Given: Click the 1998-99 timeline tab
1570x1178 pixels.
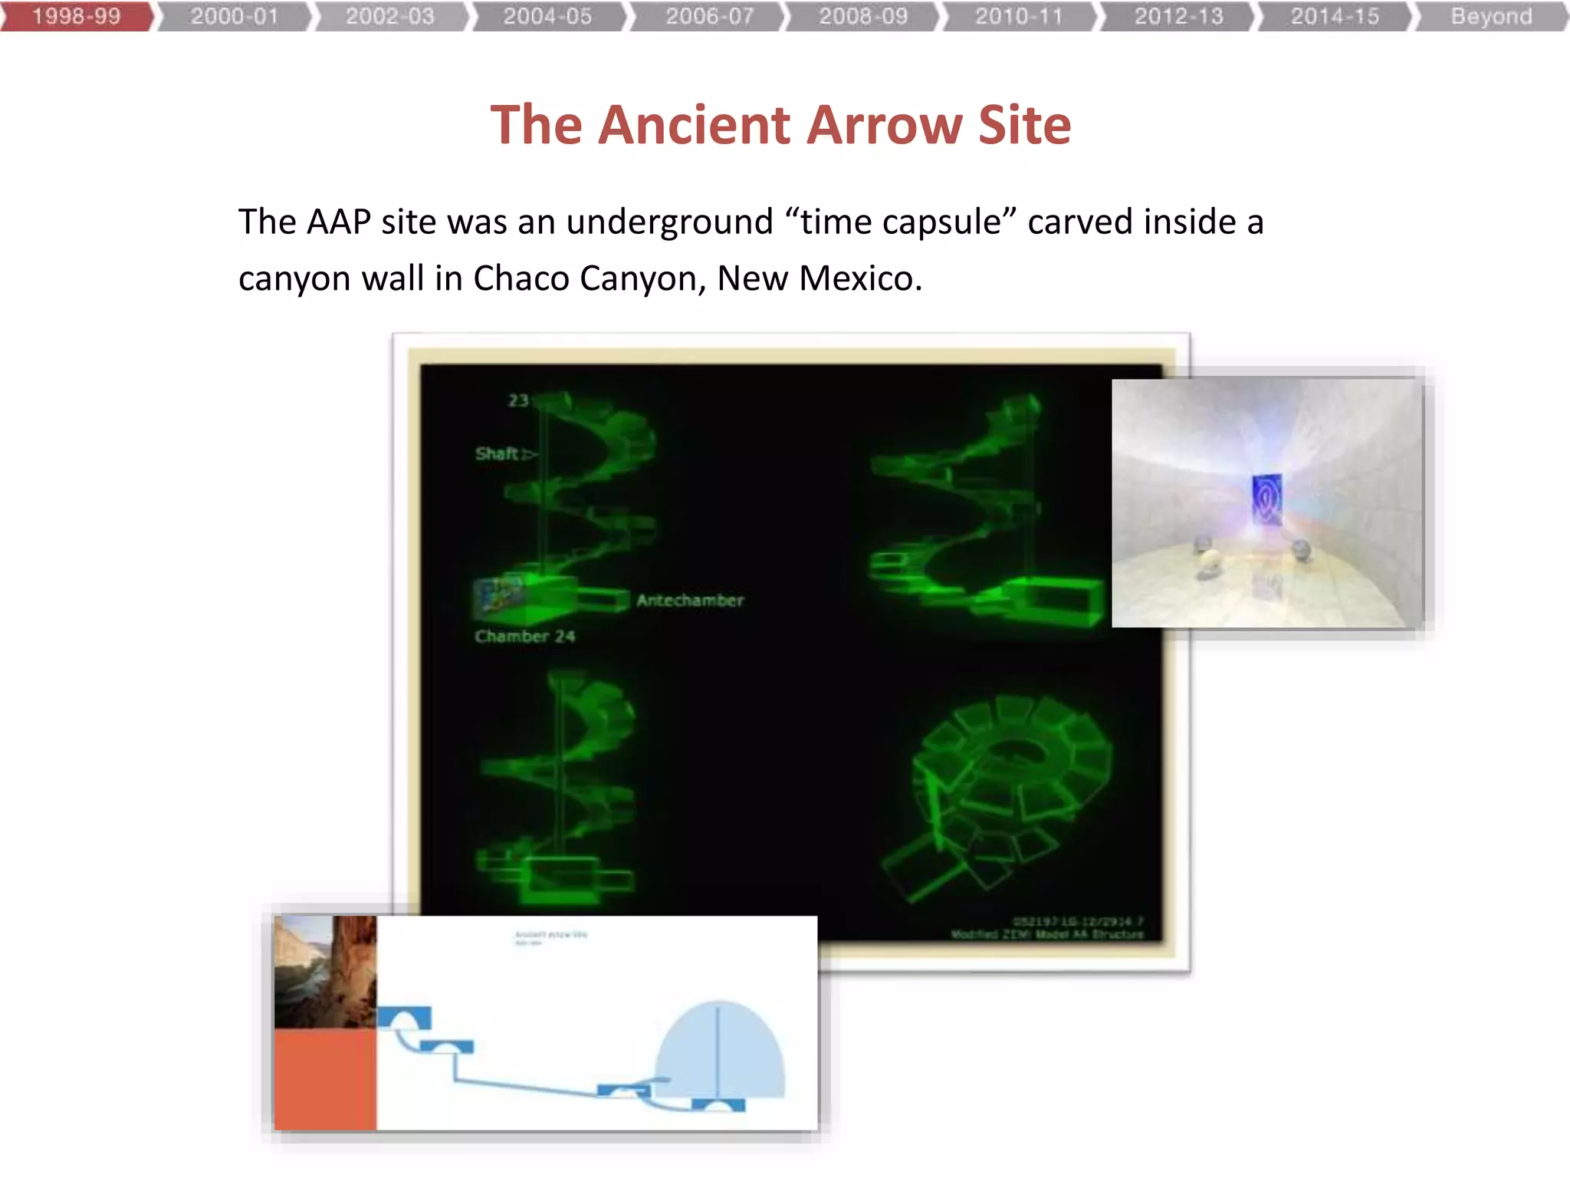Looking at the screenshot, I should pyautogui.click(x=77, y=16).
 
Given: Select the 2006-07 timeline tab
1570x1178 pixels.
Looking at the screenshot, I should pyautogui.click(x=709, y=16).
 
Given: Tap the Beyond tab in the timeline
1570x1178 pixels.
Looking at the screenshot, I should pyautogui.click(x=1490, y=16).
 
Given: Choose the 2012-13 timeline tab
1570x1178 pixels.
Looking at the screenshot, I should pyautogui.click(x=1178, y=16).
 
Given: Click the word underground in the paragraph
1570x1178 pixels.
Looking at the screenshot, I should pyautogui.click(x=669, y=222).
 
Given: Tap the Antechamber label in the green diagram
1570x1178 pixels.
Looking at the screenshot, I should pyautogui.click(x=690, y=601).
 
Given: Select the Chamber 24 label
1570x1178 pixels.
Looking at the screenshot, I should pyautogui.click(x=524, y=637).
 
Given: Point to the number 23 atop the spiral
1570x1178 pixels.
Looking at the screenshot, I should pyautogui.click(x=518, y=400).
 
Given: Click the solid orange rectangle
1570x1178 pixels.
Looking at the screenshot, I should pyautogui.click(x=325, y=1079).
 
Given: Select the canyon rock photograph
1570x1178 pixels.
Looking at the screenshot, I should pyautogui.click(x=325, y=971).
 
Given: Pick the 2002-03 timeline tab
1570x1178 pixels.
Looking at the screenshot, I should pyautogui.click(x=389, y=16).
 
